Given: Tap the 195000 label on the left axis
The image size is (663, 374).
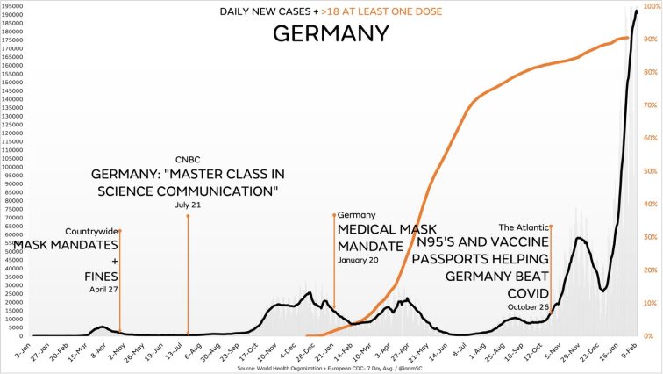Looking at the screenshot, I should (x=13, y=6).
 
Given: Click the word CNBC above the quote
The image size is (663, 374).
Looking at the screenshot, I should (x=188, y=159).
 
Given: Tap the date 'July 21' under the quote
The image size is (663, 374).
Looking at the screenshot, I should (x=188, y=205).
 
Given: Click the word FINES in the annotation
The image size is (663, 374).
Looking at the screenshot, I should (x=96, y=276).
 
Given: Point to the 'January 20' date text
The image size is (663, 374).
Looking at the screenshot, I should (x=359, y=260).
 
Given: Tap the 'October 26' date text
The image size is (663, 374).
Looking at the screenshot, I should (x=528, y=306).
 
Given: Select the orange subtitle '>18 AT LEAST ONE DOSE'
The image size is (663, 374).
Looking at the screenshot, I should (x=369, y=11).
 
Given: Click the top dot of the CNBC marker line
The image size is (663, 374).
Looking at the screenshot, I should (x=188, y=215).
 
